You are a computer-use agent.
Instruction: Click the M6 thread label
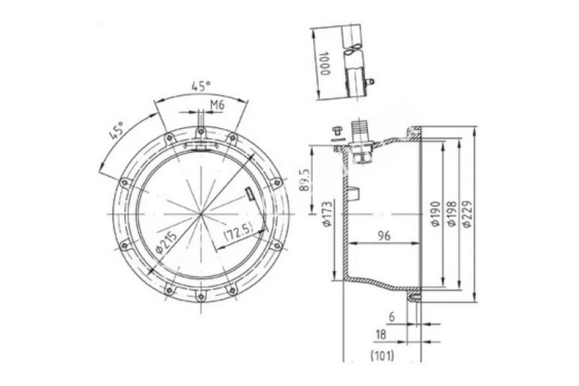pos(217,105)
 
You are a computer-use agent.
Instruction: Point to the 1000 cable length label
pos(325,63)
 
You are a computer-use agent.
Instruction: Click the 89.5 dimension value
pos(305,180)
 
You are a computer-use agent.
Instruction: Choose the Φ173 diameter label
pos(327,214)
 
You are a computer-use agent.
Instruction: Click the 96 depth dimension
pos(384,235)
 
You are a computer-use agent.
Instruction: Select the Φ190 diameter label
pos(436,214)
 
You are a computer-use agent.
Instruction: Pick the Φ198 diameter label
pos(452,214)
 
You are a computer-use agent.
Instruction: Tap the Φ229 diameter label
pos(468,214)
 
